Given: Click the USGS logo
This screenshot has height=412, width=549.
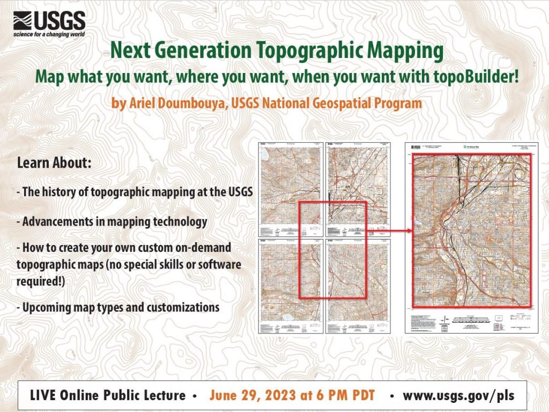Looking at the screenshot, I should pos(49,21).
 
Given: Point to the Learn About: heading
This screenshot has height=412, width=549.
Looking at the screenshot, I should pos(54,162).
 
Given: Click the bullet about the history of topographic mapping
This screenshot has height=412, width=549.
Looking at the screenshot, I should pos(135,192).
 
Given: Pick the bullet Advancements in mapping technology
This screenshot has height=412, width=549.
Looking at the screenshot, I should pos(112,221).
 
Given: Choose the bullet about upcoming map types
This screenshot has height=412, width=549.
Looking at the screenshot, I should pos(118,308).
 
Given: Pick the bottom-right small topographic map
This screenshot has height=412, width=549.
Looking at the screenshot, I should pos(358,285).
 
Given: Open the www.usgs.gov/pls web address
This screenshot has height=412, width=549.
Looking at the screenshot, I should pos(458,395).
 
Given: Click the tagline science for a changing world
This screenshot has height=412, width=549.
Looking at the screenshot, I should pos(49,36).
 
